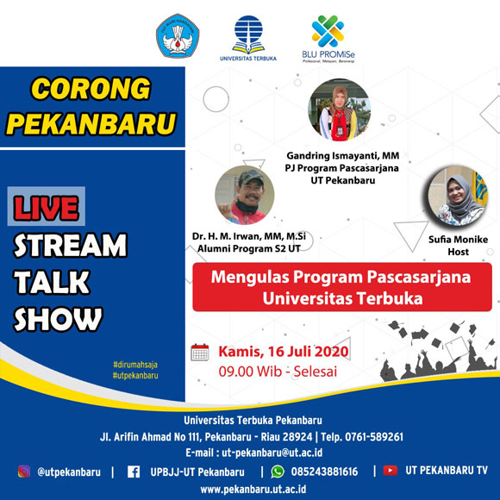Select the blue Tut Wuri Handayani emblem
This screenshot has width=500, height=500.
[x=178, y=35]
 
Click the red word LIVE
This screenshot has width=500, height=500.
[x=47, y=208]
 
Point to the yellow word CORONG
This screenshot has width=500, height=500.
[x=91, y=89]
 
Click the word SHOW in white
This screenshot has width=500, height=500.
[x=58, y=319]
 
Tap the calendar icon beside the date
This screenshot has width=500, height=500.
[x=200, y=353]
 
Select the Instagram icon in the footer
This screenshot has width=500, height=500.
[x=24, y=472]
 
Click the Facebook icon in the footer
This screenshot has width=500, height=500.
[x=134, y=472]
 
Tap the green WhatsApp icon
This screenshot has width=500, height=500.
[x=278, y=472]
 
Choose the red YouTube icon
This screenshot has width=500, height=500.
[x=390, y=471]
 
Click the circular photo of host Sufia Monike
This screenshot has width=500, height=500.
[x=458, y=196]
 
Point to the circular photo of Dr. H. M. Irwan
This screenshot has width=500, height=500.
[x=245, y=195]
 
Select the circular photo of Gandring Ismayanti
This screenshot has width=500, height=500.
[x=340, y=109]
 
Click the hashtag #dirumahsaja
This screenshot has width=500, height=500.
[x=135, y=365]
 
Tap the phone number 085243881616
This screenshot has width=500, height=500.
[x=324, y=472]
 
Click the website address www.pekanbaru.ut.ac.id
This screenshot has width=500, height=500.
[x=253, y=490]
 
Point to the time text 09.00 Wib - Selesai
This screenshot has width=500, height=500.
[x=278, y=372]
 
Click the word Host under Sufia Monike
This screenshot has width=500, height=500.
[x=459, y=252]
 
